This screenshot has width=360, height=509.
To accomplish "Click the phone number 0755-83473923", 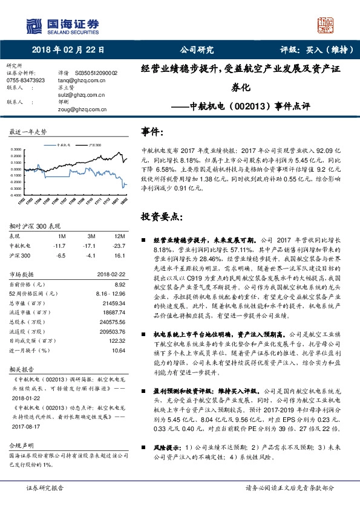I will (x=25, y=79).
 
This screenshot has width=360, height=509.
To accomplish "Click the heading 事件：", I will (x=152, y=131).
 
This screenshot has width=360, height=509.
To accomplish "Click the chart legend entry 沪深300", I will (x=94, y=145).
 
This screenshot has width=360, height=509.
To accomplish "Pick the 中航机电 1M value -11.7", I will (x=59, y=246).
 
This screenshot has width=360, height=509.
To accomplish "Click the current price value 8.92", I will (x=119, y=284).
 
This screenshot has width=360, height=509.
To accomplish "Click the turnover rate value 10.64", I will (x=118, y=350).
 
